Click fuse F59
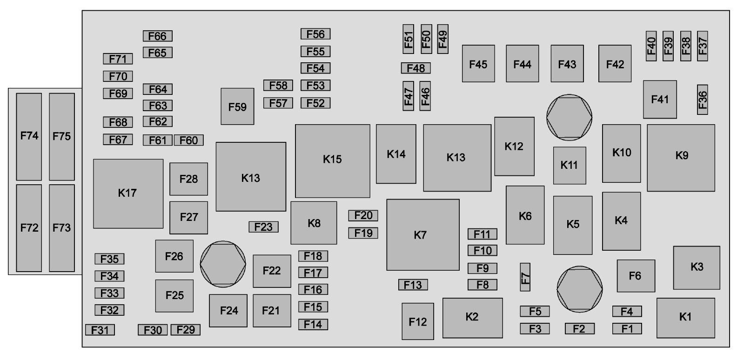[x=237, y=107]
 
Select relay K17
[x=128, y=193]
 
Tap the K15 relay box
[x=332, y=160]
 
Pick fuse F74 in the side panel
[x=29, y=136]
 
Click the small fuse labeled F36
[x=702, y=99]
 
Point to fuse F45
[x=478, y=64]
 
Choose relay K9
[x=681, y=157]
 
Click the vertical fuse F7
[x=525, y=277]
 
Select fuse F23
[x=263, y=227]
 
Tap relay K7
[x=422, y=235]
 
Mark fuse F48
[x=416, y=68]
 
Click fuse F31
[x=100, y=330]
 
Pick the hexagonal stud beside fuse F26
[x=222, y=264]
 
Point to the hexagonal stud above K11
[x=569, y=117]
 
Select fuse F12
[x=417, y=321]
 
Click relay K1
[x=685, y=318]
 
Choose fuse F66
[x=157, y=36]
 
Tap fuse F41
[x=660, y=99]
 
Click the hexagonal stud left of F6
[x=579, y=289]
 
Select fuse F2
[x=579, y=329]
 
